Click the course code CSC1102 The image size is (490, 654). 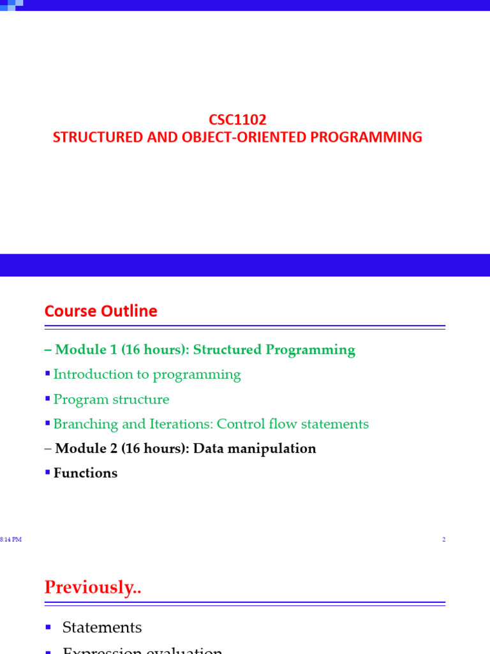237,119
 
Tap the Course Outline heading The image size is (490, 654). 101,311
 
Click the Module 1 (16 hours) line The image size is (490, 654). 205,350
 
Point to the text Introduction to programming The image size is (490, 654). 147,375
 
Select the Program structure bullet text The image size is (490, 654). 111,400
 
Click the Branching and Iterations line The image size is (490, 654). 211,424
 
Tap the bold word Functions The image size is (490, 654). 85,473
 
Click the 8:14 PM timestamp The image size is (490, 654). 11,540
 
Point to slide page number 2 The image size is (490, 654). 443,540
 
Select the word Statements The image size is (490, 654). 102,628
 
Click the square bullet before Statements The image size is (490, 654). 47,628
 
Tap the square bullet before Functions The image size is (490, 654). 47,473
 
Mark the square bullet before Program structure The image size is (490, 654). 47,399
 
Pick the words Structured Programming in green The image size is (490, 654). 274,350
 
